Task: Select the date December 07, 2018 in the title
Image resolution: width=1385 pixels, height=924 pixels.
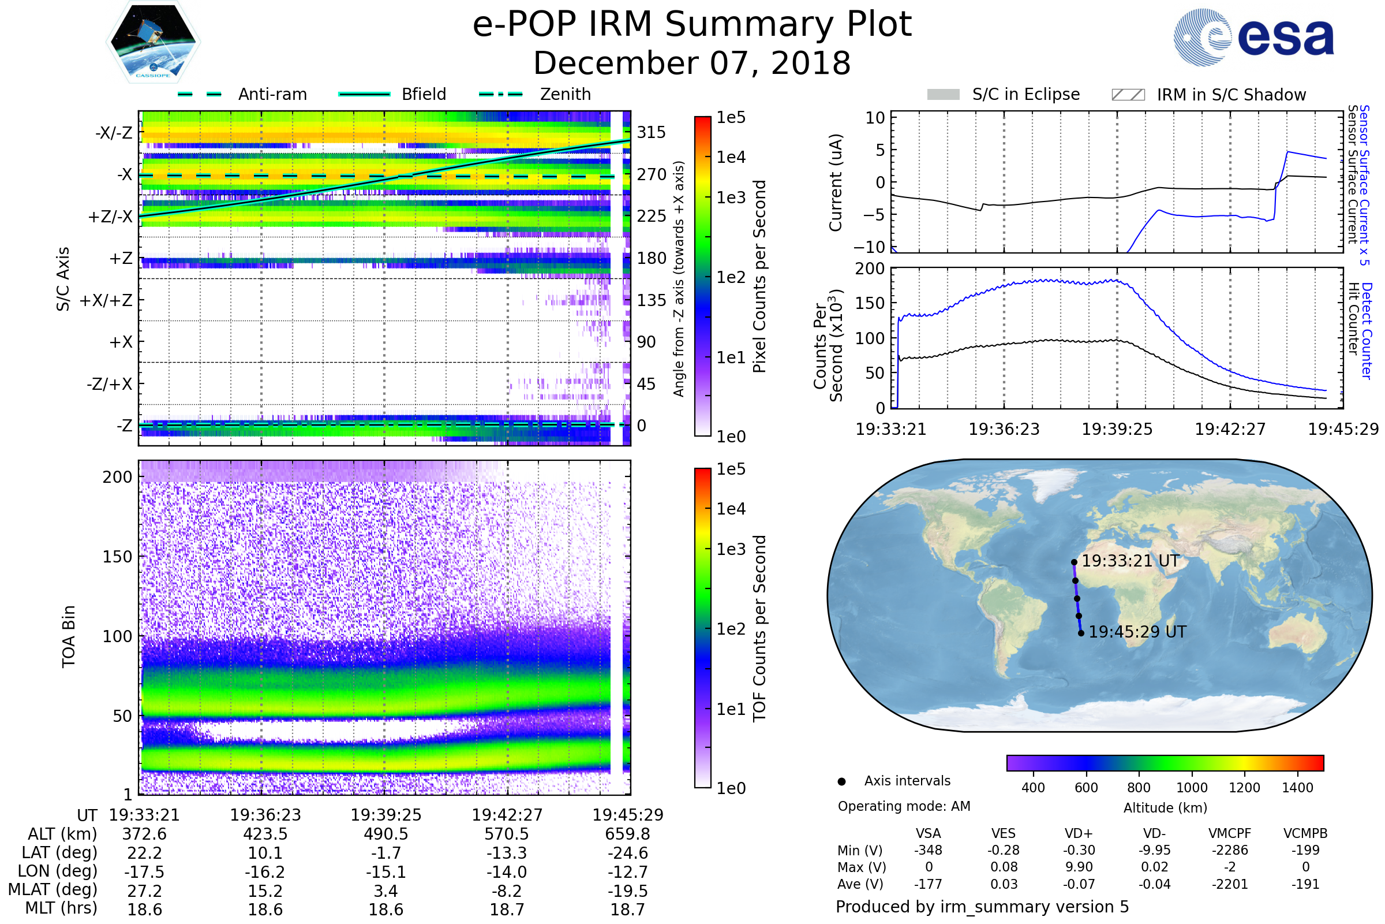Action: [692, 63]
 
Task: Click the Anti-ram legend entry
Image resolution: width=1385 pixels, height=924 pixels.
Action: [272, 94]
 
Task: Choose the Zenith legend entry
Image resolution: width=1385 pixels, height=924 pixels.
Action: [565, 94]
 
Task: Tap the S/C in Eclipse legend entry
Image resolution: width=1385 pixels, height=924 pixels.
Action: [1025, 94]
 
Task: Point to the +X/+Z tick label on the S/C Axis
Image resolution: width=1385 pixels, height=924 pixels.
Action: [106, 300]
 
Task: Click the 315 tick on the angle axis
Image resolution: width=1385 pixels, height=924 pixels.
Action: [651, 132]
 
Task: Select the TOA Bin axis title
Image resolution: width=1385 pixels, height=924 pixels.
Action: [69, 636]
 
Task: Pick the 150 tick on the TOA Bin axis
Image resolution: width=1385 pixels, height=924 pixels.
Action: [117, 557]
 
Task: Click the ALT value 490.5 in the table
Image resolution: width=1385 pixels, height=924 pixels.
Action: [385, 834]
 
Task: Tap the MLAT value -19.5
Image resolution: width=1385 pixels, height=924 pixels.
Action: [627, 891]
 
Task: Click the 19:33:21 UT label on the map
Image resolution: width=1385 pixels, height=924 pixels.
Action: [1130, 560]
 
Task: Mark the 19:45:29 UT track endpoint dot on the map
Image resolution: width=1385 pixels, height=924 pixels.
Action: [1081, 634]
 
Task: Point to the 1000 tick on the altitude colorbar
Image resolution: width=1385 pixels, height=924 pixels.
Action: [1191, 787]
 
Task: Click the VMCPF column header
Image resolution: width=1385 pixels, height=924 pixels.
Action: [1230, 833]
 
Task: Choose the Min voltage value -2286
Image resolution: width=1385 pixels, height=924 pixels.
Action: [1230, 850]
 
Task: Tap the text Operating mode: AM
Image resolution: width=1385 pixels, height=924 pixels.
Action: [904, 806]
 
